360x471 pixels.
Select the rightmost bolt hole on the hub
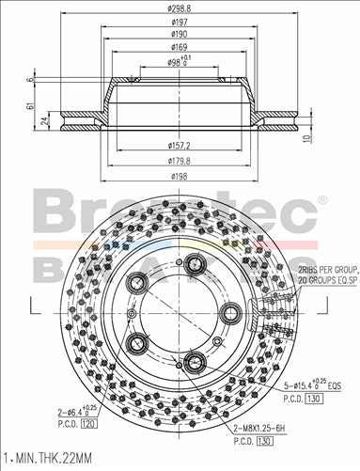[228, 313]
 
